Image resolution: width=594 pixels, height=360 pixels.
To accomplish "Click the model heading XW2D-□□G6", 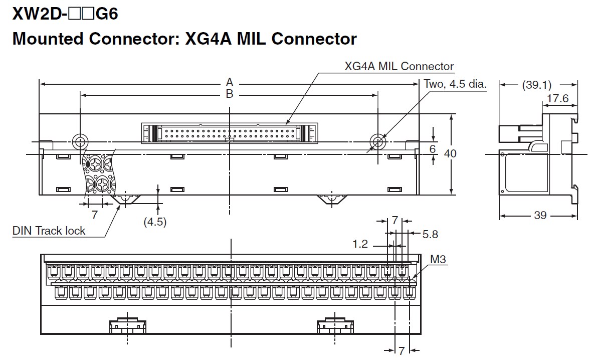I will (65, 14).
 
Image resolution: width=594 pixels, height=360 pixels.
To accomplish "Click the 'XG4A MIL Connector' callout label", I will (399, 66).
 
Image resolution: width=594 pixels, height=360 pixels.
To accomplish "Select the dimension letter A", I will (229, 82).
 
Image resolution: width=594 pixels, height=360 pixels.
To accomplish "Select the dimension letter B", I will (229, 94).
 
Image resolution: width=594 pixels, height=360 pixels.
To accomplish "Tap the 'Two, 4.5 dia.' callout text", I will (455, 84).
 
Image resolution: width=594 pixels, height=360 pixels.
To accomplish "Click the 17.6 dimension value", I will (557, 98).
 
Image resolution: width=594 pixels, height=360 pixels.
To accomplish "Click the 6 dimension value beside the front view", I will (433, 149).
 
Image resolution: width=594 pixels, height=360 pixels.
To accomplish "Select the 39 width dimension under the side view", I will (540, 215).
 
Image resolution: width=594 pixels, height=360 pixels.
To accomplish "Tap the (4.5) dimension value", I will (154, 221).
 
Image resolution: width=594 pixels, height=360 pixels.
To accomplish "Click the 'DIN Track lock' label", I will (49, 231).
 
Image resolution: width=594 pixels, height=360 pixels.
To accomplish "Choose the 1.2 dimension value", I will (360, 244).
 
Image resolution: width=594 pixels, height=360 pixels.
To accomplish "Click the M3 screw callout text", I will (439, 259).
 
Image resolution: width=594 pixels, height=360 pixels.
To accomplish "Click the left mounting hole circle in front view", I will (79, 140).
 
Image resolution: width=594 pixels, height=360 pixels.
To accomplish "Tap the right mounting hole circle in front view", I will (377, 140).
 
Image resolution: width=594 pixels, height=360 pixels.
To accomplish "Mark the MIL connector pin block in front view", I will (229, 133).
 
